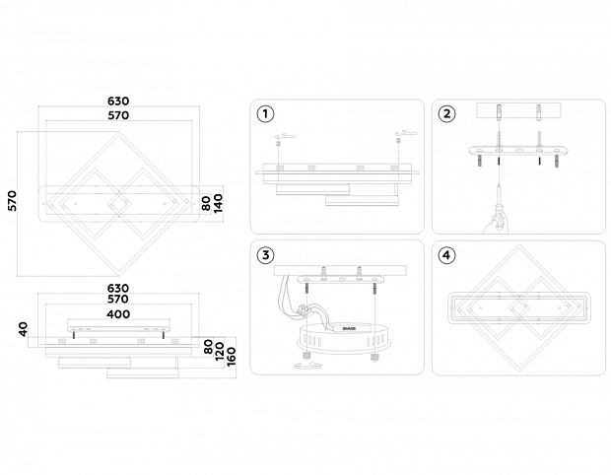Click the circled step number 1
point(264,113)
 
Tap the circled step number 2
point(447,113)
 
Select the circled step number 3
point(264,255)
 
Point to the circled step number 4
point(447,255)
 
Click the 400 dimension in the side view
point(118,312)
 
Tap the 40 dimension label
point(24,328)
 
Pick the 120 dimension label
point(219,351)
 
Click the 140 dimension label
point(219,203)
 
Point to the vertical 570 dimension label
point(13,201)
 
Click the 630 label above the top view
point(118,102)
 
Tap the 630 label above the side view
point(118,288)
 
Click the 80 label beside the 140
point(206,203)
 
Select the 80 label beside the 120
point(207,347)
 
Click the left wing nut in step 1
point(282,134)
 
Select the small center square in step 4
point(517,307)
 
